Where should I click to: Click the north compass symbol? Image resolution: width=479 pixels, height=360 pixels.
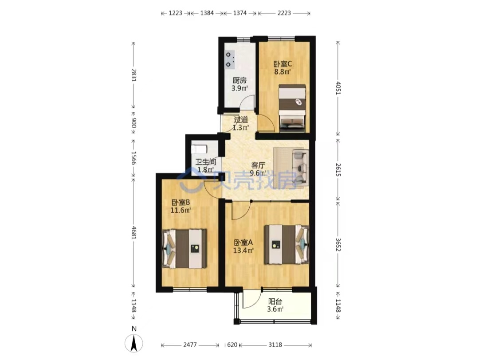pyautogui.click(x=134, y=343)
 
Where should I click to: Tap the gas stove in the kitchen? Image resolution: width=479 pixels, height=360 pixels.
pyautogui.click(x=230, y=59)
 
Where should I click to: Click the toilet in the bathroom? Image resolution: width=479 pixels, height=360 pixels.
pyautogui.click(x=199, y=149)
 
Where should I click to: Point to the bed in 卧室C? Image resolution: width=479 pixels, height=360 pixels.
pyautogui.click(x=292, y=108)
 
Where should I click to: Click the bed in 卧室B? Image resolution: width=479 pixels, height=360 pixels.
pyautogui.click(x=184, y=249)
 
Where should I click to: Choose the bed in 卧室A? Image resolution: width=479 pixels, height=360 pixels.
pyautogui.click(x=287, y=244)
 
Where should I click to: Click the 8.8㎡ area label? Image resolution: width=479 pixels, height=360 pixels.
pyautogui.click(x=282, y=72)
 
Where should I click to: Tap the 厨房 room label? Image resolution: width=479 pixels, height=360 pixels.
pyautogui.click(x=239, y=81)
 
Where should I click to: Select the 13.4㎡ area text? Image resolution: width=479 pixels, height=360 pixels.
pyautogui.click(x=243, y=250)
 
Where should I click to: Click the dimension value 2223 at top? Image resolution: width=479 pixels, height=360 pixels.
pyautogui.click(x=284, y=13)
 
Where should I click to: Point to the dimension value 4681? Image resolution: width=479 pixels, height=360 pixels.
pyautogui.click(x=133, y=232)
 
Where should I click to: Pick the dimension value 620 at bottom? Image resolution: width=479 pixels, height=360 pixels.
pyautogui.click(x=232, y=345)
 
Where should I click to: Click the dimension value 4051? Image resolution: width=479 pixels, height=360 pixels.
pyautogui.click(x=338, y=88)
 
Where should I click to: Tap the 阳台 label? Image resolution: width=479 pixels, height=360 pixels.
pyautogui.click(x=275, y=301)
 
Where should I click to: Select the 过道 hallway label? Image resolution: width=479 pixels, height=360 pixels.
pyautogui.click(x=241, y=120)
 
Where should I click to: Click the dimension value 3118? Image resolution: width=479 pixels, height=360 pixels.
pyautogui.click(x=275, y=345)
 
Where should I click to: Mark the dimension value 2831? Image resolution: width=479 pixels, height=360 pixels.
pyautogui.click(x=133, y=75)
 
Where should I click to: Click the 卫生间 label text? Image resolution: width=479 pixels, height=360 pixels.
pyautogui.click(x=206, y=162)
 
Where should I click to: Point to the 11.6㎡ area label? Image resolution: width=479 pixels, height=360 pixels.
pyautogui.click(x=181, y=211)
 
